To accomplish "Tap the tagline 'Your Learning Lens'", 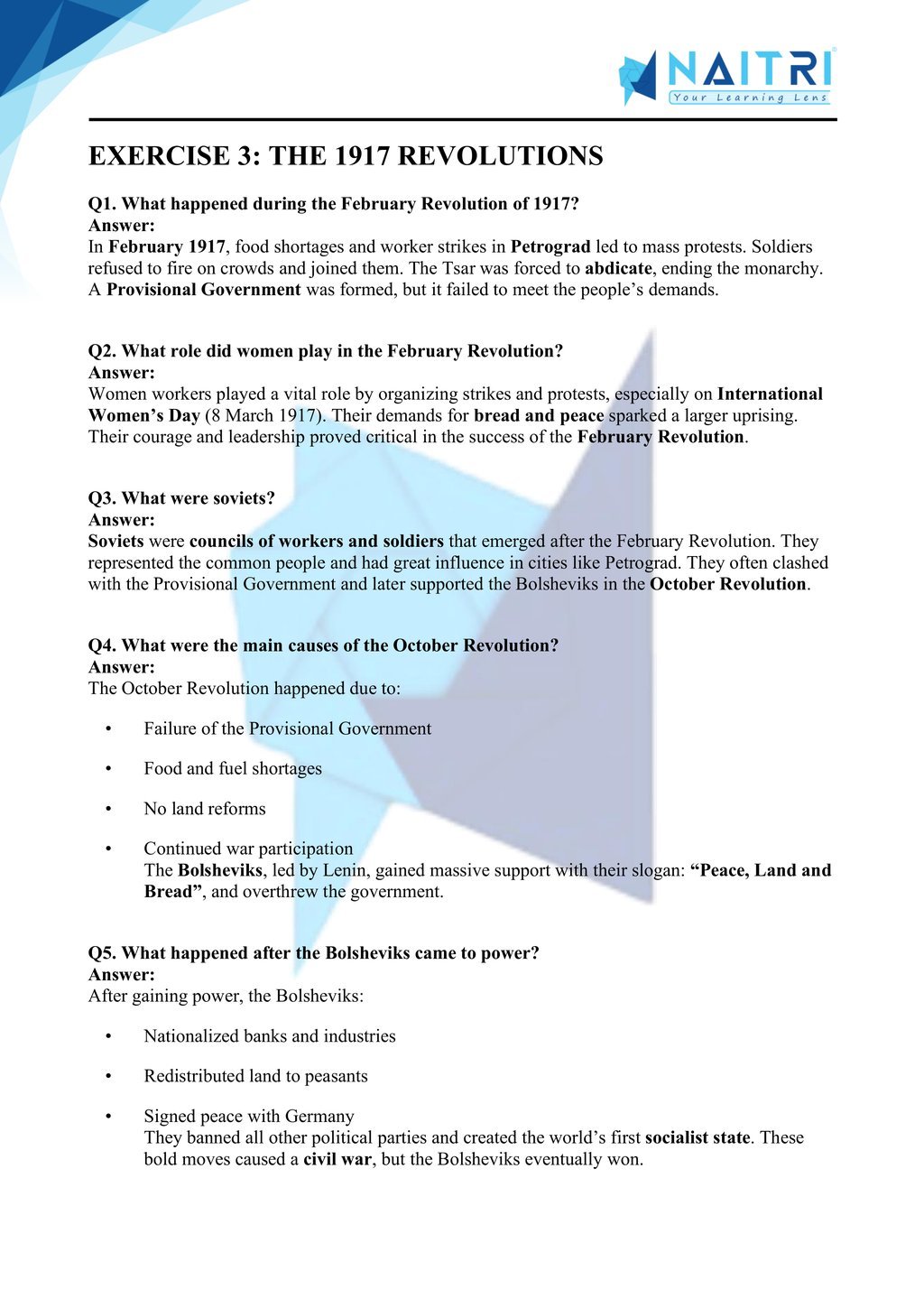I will point(749,97).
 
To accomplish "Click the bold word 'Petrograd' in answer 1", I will point(550,246).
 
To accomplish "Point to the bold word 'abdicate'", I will point(618,268).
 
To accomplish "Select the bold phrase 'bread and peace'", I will point(539,415).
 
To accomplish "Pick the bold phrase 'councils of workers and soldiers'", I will point(317,541).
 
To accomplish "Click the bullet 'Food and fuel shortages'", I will point(233,768).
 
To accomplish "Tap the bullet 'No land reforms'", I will point(205,808).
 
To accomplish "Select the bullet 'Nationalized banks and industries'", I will point(270,1035).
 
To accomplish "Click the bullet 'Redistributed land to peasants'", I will point(256,1075).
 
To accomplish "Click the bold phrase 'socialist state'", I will point(698,1137).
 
